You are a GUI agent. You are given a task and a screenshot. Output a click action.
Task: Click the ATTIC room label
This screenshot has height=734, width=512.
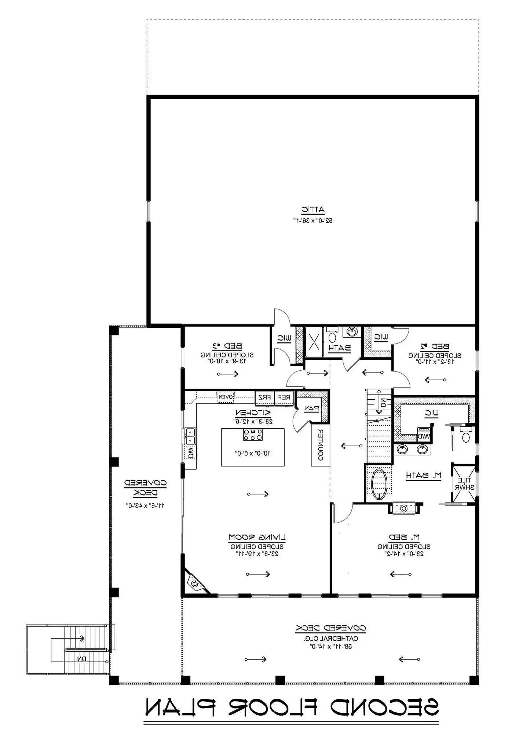313,210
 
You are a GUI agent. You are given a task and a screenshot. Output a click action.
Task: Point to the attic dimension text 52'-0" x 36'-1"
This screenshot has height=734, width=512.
313,221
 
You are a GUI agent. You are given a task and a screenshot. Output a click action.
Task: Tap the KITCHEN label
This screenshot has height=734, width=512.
253,413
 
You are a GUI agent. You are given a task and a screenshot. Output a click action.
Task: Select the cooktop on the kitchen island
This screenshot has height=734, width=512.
253,435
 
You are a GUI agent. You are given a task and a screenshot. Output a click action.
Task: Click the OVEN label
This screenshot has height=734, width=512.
226,397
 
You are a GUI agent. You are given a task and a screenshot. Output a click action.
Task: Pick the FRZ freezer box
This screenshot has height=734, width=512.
264,397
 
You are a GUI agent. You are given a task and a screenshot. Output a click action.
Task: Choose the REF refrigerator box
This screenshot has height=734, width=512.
284,397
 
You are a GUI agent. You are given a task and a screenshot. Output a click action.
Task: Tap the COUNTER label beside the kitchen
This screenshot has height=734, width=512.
320,445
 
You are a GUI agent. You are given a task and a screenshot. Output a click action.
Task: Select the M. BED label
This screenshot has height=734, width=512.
404,538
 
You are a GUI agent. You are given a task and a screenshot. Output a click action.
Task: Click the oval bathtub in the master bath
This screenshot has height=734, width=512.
378,484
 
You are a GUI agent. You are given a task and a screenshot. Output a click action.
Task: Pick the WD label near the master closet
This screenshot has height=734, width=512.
424,437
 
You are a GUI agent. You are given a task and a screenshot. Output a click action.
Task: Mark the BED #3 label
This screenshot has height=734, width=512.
227,346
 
